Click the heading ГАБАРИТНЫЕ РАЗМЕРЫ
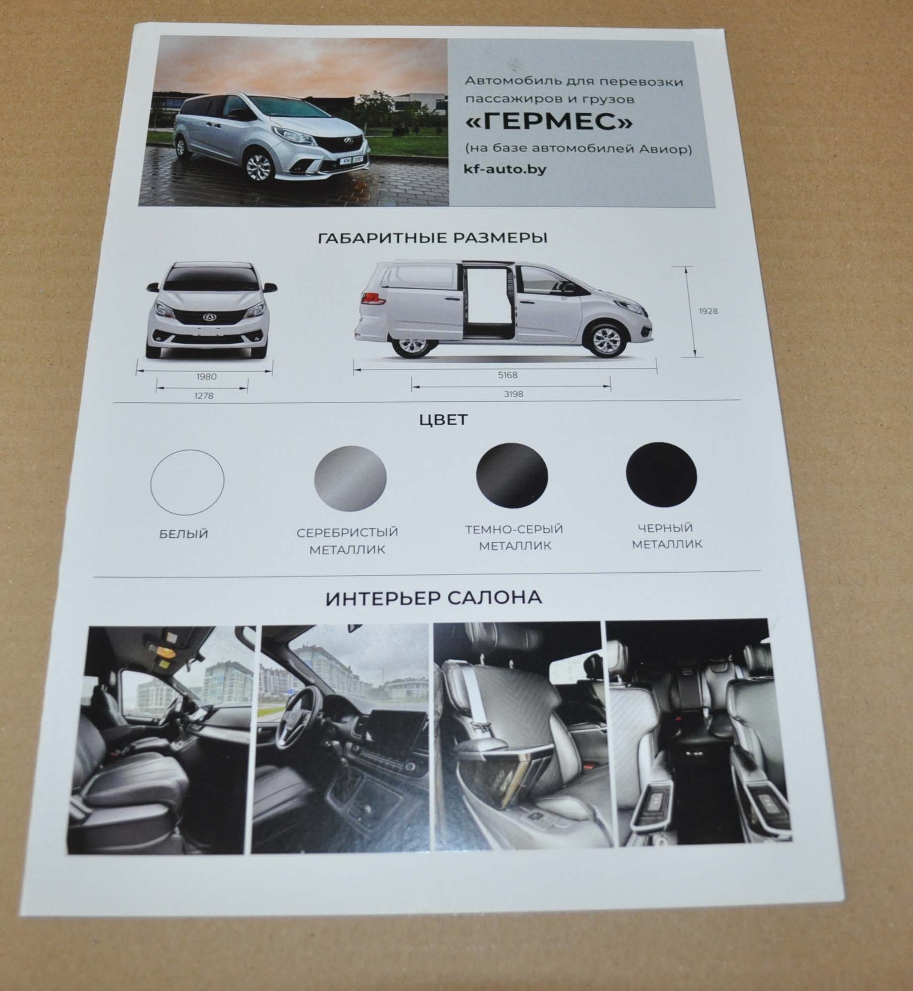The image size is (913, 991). [x=432, y=238]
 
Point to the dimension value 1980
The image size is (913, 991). [x=207, y=377]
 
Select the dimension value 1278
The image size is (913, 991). [x=204, y=396]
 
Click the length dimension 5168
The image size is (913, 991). [x=508, y=376]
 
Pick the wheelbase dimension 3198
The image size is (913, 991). [x=513, y=394]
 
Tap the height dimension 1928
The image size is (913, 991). [x=708, y=311]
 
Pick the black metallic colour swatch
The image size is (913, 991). [x=661, y=475]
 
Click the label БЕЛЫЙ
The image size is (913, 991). [x=184, y=534]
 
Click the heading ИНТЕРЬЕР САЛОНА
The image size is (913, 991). [x=433, y=598]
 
